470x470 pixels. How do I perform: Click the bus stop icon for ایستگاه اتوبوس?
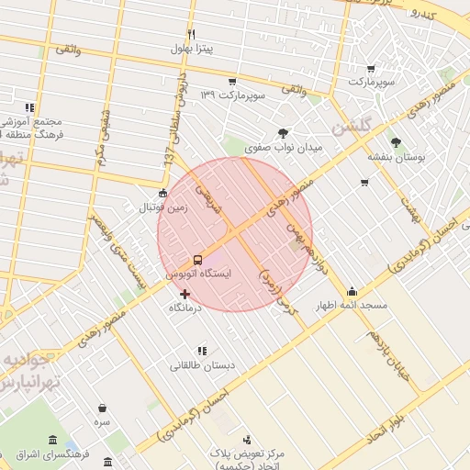click(198, 260)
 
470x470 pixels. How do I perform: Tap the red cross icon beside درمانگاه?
click(185, 295)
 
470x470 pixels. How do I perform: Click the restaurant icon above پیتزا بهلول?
click(192, 34)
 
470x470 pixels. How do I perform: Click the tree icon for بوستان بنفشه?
click(396, 142)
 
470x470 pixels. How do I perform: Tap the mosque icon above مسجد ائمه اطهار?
click(352, 292)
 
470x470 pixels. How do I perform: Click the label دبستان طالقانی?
click(202, 364)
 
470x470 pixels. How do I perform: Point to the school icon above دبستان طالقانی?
click(202, 350)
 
